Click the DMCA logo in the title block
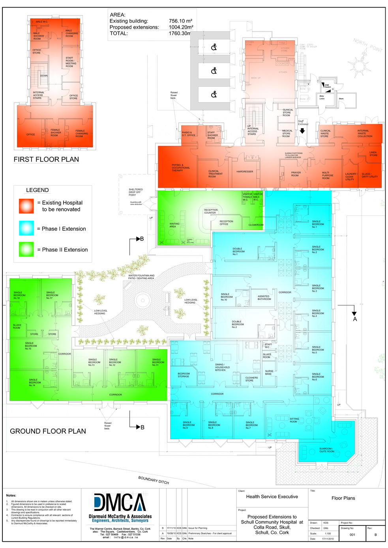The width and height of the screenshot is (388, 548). (120, 503)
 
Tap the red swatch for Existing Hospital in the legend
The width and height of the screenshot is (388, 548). (26, 206)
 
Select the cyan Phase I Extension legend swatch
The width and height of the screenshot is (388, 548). (26, 228)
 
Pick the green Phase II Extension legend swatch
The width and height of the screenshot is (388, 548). (26, 250)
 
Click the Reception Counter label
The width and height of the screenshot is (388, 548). (211, 211)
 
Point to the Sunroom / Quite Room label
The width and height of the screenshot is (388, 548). (326, 450)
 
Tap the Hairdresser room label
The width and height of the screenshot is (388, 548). (245, 171)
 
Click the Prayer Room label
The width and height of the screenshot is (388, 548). (296, 174)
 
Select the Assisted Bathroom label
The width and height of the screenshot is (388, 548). (264, 298)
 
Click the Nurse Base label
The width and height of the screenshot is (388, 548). (269, 372)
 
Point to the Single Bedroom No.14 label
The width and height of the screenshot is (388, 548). (35, 382)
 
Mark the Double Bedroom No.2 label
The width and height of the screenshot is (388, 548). (238, 324)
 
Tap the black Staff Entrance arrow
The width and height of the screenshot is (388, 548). (302, 131)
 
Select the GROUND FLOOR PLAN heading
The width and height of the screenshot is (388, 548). (48, 431)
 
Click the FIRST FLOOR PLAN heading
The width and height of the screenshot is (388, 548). (46, 159)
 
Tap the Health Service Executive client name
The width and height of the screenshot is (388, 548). (272, 497)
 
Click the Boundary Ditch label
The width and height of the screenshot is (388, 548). (154, 480)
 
